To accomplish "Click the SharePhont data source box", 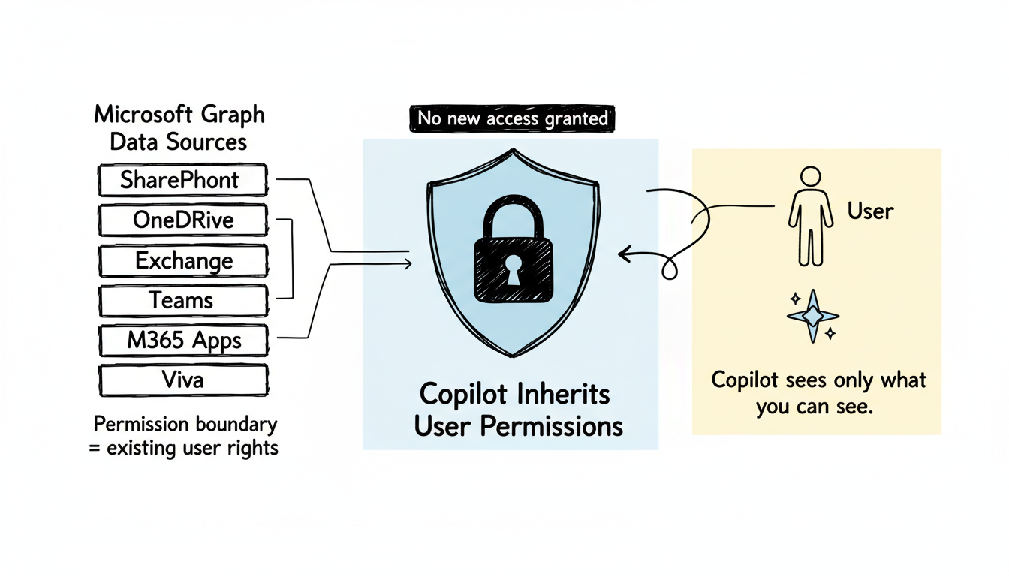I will pos(182,181).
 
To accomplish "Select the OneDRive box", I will pos(182,220).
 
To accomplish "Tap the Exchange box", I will pos(183,261).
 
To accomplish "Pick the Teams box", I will pos(182,301).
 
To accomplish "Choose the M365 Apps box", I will pos(183,341).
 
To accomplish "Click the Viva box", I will pos(183,380).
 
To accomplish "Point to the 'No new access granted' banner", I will pos(513,118).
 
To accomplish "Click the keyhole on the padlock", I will pos(511,271).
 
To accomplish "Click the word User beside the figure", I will pos(870,211).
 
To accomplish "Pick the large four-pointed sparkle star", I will pos(812,316).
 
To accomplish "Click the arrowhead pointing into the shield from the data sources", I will pos(408,263).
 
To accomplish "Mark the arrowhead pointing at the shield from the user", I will pos(623,256).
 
